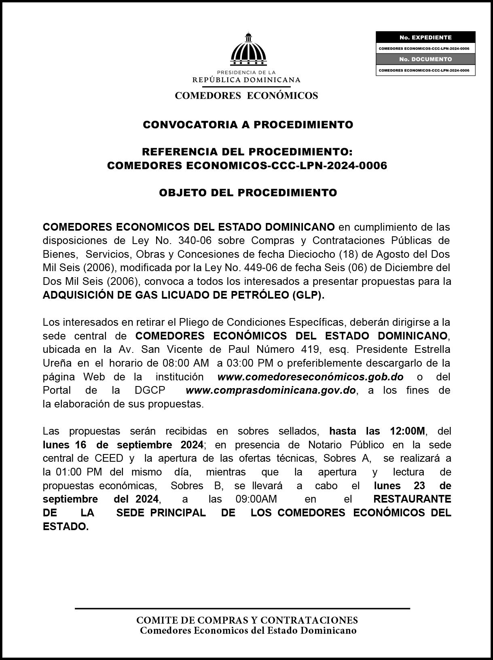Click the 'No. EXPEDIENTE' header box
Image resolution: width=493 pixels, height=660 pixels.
pos(425,37)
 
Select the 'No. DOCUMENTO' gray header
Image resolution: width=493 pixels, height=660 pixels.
pos(425,59)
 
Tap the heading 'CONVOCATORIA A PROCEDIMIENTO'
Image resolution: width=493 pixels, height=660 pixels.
pos(248,125)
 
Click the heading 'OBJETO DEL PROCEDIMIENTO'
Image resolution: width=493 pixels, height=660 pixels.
pos(248,193)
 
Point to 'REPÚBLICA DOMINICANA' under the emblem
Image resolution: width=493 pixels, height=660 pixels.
pos(246,80)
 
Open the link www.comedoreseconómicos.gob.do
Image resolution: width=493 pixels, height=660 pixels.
pos(310,377)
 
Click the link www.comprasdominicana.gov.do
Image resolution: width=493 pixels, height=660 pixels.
pos(271,390)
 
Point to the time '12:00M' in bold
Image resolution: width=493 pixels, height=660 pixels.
pos(408,431)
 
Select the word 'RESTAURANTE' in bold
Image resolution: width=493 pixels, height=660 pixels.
pos(412,499)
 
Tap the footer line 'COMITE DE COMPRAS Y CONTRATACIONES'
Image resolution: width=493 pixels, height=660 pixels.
pos(247,620)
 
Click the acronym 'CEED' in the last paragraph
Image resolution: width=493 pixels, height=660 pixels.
pos(109,458)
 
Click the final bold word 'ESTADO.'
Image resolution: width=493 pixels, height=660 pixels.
pos(66,527)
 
